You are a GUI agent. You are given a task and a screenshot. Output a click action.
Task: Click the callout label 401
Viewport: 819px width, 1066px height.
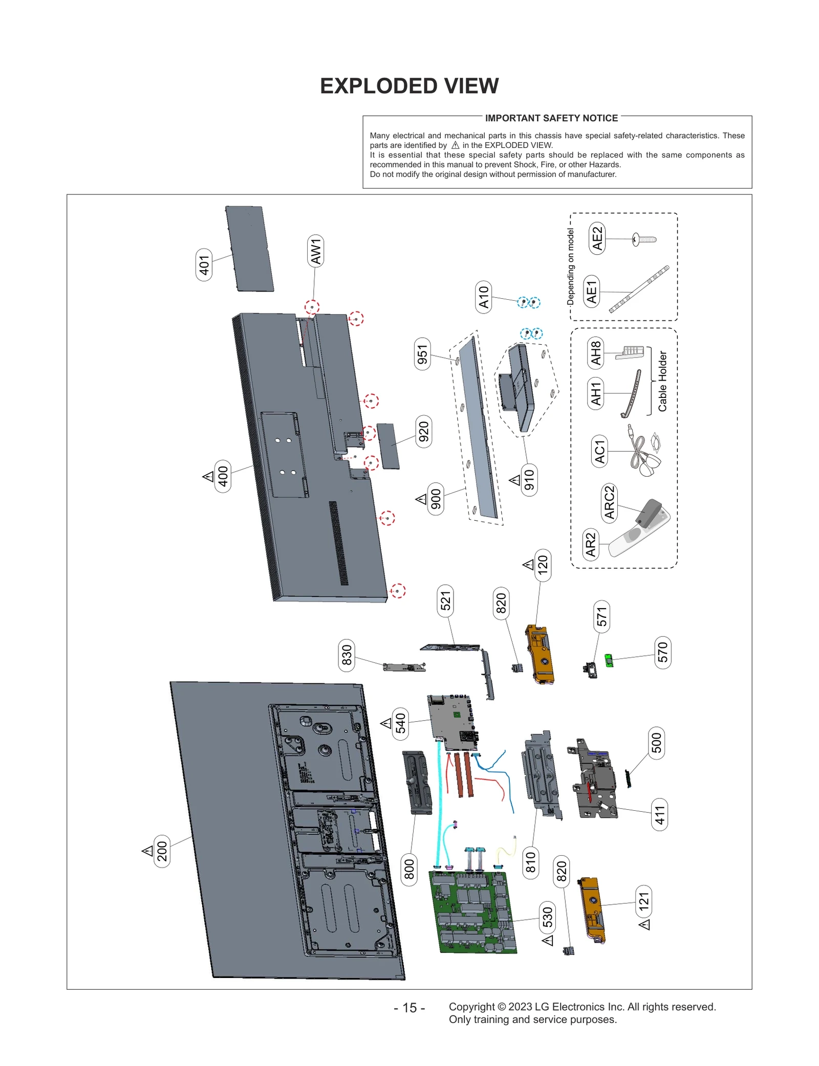click(x=204, y=265)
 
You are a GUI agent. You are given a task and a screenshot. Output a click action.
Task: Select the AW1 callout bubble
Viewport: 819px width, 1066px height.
click(x=316, y=251)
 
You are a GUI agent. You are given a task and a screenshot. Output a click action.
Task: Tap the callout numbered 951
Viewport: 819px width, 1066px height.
click(x=422, y=354)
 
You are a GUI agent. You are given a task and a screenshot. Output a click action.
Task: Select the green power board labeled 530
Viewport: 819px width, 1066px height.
click(x=473, y=913)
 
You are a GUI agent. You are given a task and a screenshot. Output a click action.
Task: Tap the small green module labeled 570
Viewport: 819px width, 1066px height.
click(x=609, y=660)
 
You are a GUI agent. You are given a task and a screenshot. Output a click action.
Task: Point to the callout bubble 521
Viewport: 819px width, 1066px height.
click(x=446, y=600)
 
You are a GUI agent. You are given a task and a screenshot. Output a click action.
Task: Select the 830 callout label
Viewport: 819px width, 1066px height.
click(x=347, y=655)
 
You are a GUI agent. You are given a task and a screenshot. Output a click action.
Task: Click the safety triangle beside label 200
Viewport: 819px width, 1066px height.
click(x=148, y=851)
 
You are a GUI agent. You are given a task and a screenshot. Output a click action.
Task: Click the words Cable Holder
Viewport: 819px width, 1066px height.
click(x=662, y=381)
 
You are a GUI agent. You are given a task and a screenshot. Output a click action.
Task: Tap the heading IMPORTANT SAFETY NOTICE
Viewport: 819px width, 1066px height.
click(x=551, y=118)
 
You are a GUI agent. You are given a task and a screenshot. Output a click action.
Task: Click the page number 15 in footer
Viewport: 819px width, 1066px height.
click(x=409, y=1008)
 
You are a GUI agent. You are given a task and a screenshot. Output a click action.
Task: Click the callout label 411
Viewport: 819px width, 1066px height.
click(x=660, y=815)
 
